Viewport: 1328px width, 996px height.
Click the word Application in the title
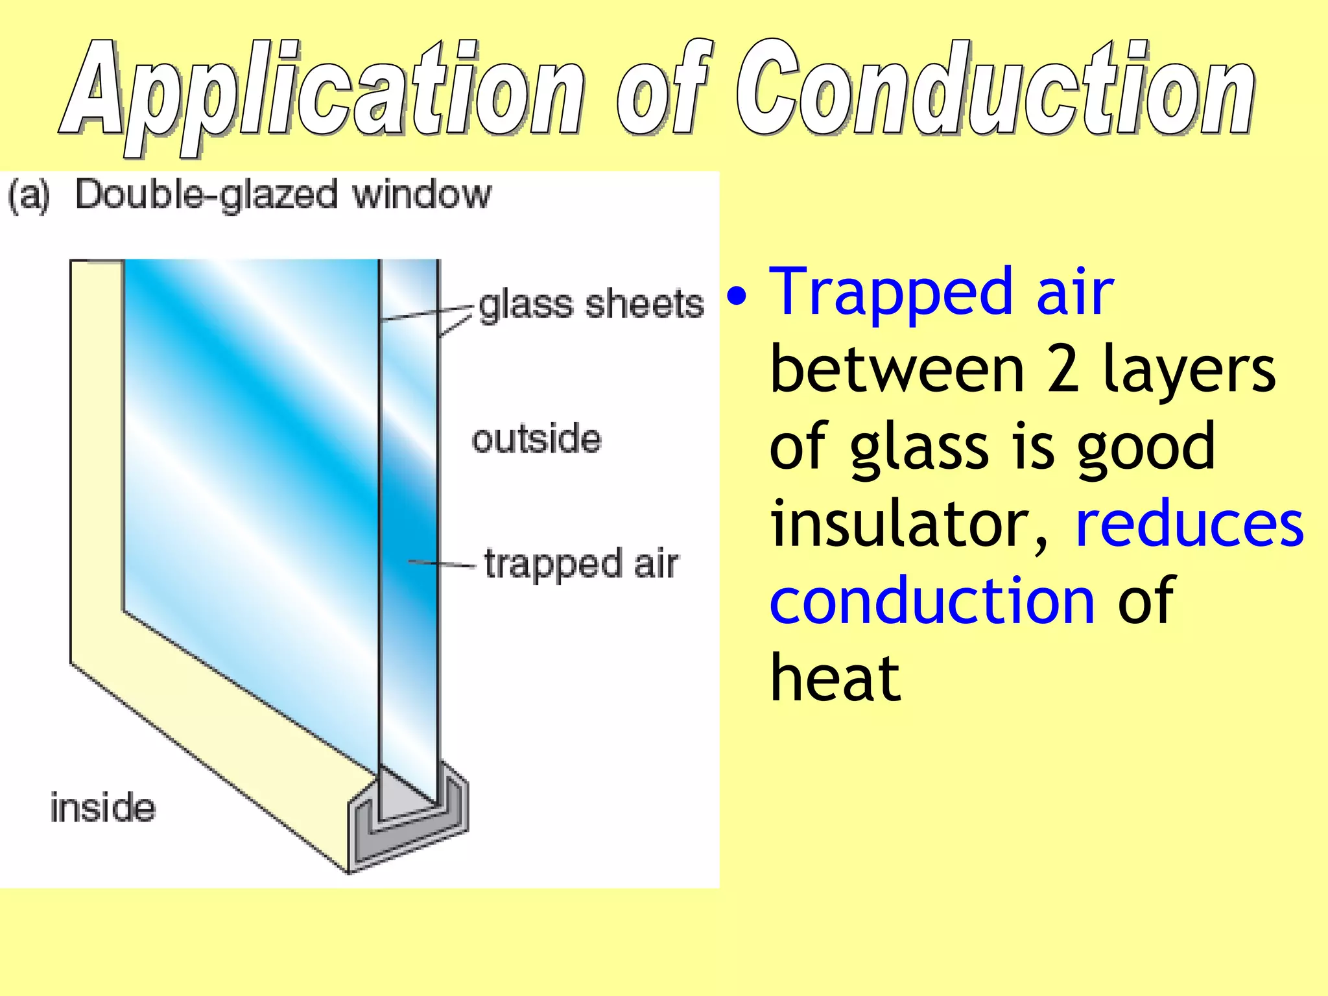[x=324, y=91]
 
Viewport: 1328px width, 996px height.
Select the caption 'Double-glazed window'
[x=283, y=195]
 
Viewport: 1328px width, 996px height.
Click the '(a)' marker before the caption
[x=29, y=195]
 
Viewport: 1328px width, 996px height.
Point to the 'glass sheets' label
[x=591, y=304]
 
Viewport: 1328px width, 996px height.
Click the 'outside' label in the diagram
[x=536, y=439]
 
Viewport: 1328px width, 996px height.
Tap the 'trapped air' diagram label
[x=581, y=563]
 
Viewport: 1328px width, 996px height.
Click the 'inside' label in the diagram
[x=103, y=808]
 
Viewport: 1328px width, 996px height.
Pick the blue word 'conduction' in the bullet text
[x=932, y=602]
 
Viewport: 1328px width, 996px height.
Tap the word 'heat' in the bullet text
[x=835, y=678]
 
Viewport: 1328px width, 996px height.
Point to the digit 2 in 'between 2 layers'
[x=1063, y=371]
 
